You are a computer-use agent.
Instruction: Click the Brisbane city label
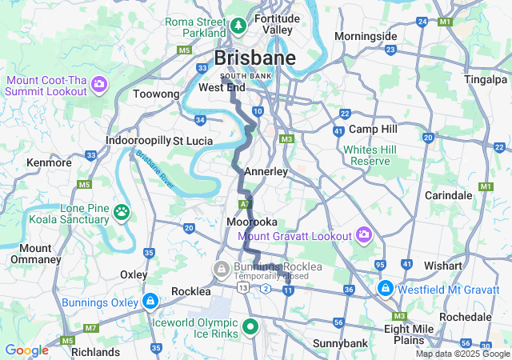click(254, 58)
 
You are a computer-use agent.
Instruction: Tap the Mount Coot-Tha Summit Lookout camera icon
click(99, 83)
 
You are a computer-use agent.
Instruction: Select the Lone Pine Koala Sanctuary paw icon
click(122, 212)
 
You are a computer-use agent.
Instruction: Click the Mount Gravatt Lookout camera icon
click(364, 235)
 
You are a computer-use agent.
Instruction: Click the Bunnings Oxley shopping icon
click(149, 301)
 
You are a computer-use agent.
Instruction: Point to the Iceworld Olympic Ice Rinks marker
click(250, 326)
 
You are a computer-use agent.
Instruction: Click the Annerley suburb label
click(265, 171)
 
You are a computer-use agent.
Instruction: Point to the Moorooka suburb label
click(252, 221)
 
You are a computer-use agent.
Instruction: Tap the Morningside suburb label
click(365, 36)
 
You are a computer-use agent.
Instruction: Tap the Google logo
click(26, 350)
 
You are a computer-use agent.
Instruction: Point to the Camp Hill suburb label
click(373, 129)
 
